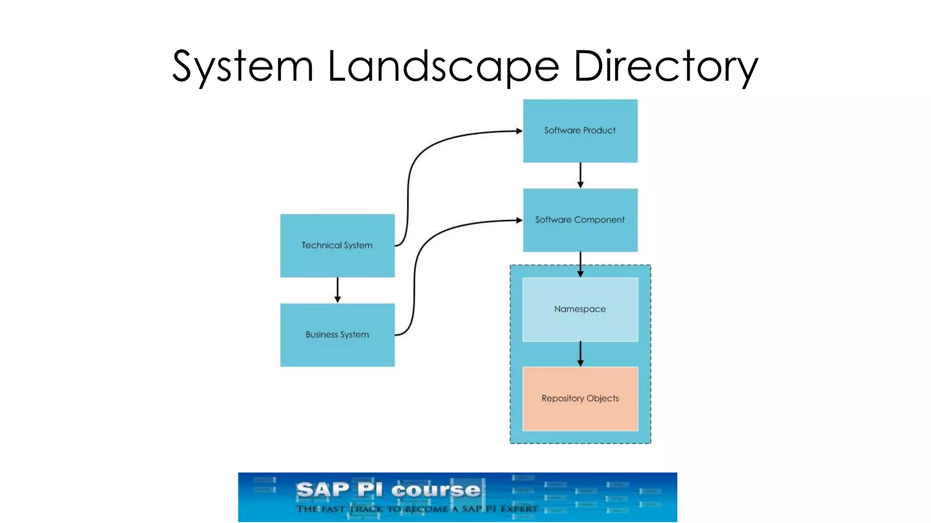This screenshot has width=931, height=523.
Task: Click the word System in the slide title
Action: click(x=243, y=67)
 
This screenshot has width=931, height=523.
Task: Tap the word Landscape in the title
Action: click(x=443, y=67)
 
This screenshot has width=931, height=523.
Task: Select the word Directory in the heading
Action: click(x=666, y=67)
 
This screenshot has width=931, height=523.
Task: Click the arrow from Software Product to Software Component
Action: click(x=580, y=175)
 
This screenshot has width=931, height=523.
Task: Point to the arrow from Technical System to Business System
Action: click(x=337, y=290)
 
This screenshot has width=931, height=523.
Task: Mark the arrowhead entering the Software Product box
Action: click(x=519, y=131)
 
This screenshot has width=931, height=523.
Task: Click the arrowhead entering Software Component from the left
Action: click(x=519, y=220)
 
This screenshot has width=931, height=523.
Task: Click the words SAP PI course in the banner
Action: click(x=388, y=490)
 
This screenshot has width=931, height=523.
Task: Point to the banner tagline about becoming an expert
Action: click(x=416, y=509)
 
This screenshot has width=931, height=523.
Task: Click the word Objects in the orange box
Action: click(x=602, y=398)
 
